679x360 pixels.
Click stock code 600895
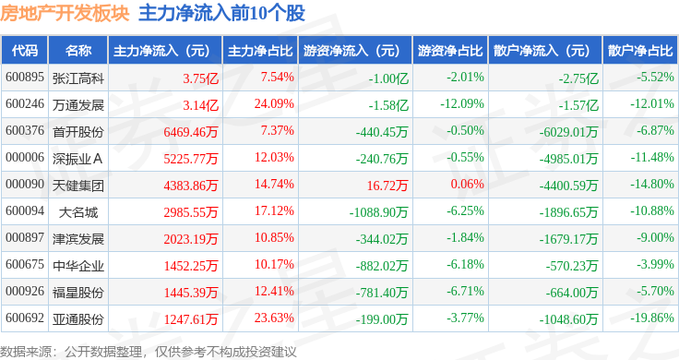point(25,78)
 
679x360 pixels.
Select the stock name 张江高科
point(78,78)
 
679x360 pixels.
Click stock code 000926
point(25,292)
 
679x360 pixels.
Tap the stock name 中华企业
point(78,265)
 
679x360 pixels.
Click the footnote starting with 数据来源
point(148,351)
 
